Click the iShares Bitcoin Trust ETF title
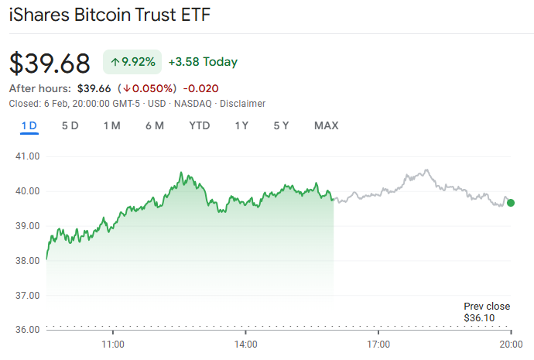pyautogui.click(x=110, y=15)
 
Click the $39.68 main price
pyautogui.click(x=50, y=63)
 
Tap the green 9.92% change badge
pyautogui.click(x=132, y=62)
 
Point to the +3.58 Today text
pyautogui.click(x=202, y=62)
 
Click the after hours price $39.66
pyautogui.click(x=94, y=88)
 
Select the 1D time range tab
pyautogui.click(x=29, y=125)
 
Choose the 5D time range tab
pyautogui.click(x=70, y=125)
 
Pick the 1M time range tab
pyautogui.click(x=111, y=125)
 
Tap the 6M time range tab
pyautogui.click(x=154, y=125)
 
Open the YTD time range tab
pyautogui.click(x=199, y=125)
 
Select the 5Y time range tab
pyautogui.click(x=281, y=125)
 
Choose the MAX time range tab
pyautogui.click(x=326, y=125)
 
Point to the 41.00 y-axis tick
pyautogui.click(x=26, y=156)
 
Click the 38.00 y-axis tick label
pyautogui.click(x=26, y=260)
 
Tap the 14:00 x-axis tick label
pyautogui.click(x=245, y=342)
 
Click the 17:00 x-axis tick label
pyautogui.click(x=378, y=342)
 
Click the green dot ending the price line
pyautogui.click(x=511, y=202)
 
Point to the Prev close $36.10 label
pyautogui.click(x=481, y=312)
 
